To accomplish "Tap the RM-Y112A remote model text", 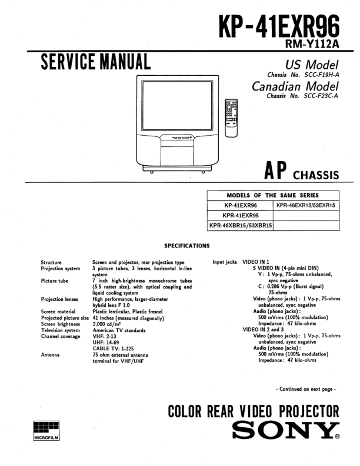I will [312, 44].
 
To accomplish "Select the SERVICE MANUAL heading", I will [95, 62].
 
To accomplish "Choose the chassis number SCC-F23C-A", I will [315, 96].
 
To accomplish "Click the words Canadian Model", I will [295, 86].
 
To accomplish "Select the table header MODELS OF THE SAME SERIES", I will [272, 196].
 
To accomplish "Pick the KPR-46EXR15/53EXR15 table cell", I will [306, 206].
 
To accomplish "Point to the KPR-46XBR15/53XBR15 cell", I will [241, 225].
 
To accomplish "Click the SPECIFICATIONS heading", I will [186, 246].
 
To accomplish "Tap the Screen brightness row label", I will [61, 324].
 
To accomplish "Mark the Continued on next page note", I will [306, 389].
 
